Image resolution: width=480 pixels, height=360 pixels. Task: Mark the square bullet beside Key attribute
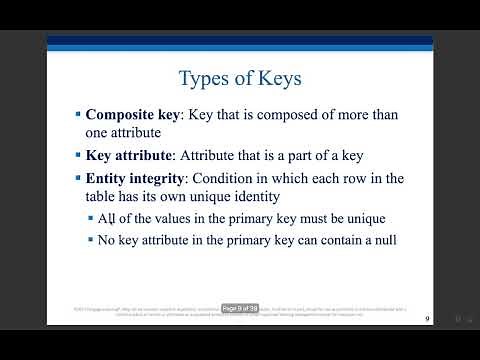(78, 155)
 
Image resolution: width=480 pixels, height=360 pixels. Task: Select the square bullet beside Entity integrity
(78, 178)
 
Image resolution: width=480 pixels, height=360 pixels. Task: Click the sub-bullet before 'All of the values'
(90, 219)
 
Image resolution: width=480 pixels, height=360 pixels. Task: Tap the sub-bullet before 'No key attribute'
(90, 240)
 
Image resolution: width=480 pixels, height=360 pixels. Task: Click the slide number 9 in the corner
(427, 319)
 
